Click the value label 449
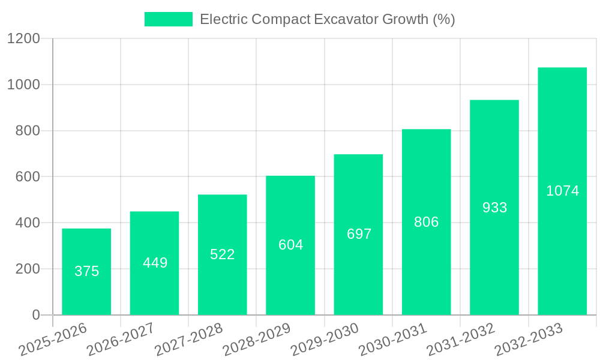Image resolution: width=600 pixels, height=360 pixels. [155, 263]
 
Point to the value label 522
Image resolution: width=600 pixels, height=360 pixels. [223, 254]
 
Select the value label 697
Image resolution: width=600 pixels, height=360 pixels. [359, 234]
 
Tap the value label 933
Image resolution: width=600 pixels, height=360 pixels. [494, 208]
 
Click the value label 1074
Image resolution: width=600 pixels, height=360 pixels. [562, 191]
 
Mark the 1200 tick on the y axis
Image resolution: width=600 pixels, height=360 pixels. [23, 39]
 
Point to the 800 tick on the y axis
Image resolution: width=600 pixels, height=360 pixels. [28, 131]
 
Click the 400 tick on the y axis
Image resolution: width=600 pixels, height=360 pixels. [28, 223]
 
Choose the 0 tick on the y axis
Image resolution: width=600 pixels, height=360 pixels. [35, 315]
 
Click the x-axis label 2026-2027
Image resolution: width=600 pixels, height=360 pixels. [120, 340]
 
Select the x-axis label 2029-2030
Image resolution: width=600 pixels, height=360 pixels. [324, 340]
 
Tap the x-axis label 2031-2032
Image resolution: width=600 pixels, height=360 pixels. [460, 340]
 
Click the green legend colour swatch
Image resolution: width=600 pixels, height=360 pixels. [169, 19]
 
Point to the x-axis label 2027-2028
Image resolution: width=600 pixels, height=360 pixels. [188, 340]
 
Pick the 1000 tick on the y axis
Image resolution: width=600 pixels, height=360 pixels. [23, 85]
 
